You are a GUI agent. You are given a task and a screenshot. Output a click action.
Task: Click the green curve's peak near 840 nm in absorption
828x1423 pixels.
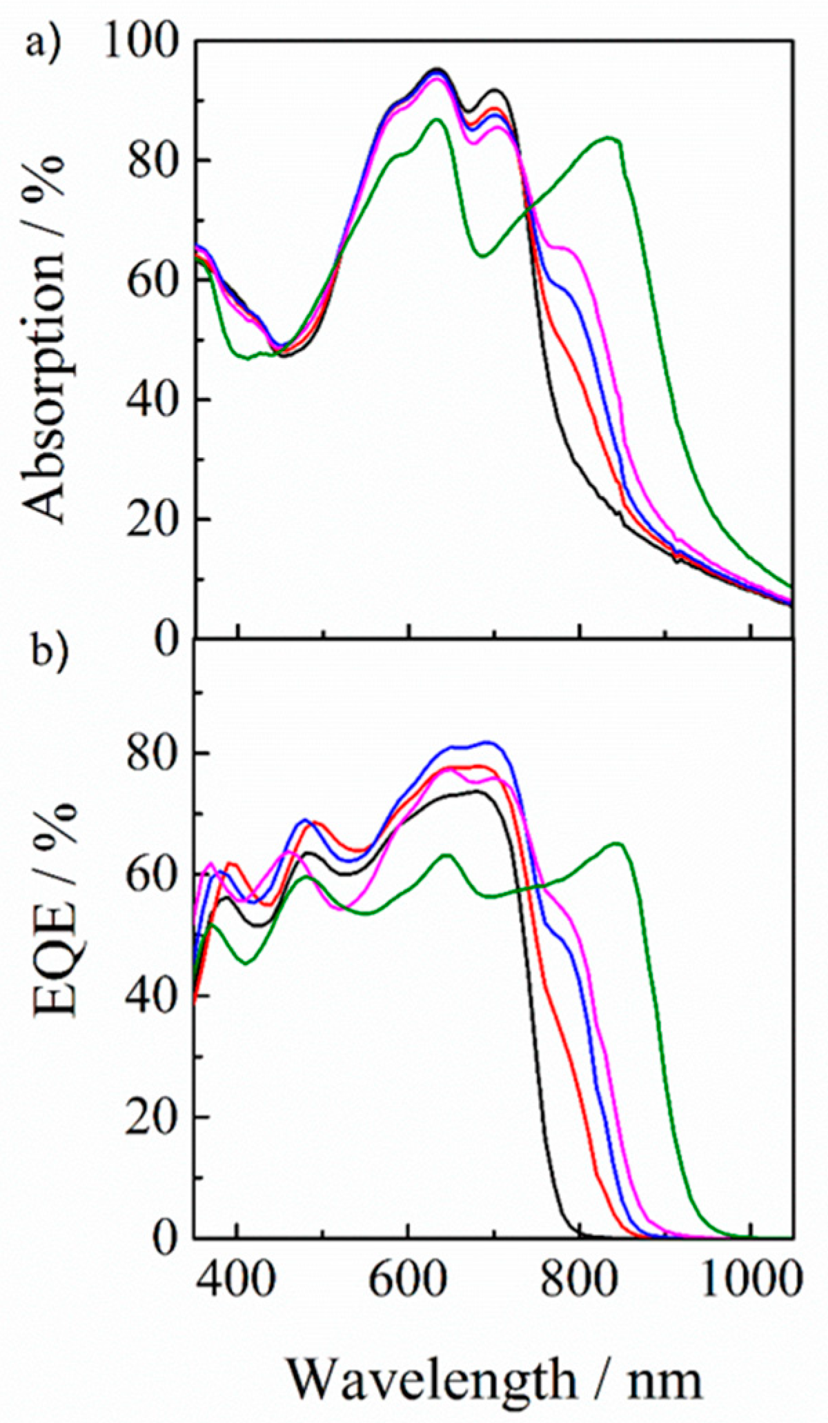pos(611,138)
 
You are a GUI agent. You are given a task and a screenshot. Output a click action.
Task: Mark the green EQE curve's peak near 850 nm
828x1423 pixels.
pos(618,844)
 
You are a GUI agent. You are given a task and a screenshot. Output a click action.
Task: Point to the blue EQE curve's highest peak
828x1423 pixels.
pos(487,742)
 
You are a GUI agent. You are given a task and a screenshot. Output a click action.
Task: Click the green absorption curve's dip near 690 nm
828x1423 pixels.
pos(482,256)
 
